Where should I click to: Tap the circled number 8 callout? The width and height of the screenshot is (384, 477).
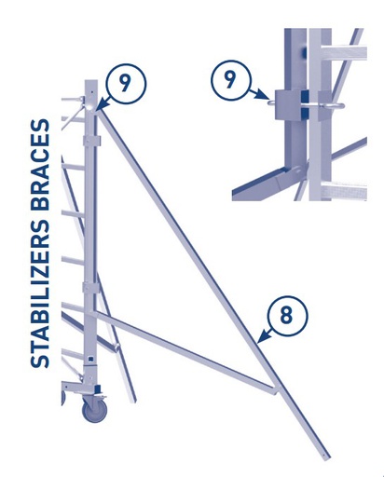click(285, 315)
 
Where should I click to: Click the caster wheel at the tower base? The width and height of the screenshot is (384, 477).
click(94, 408)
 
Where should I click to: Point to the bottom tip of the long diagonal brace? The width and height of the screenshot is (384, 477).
click(325, 456)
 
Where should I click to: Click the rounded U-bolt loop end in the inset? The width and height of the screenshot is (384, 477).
click(338, 105)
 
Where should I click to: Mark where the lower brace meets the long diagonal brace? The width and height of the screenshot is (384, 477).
click(273, 391)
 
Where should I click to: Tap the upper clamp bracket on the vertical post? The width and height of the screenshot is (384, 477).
click(90, 140)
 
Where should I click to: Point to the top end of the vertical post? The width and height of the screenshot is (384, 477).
click(90, 83)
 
